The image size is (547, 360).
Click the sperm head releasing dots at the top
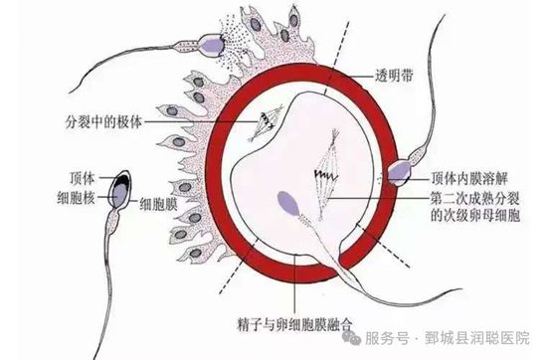[212, 42]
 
